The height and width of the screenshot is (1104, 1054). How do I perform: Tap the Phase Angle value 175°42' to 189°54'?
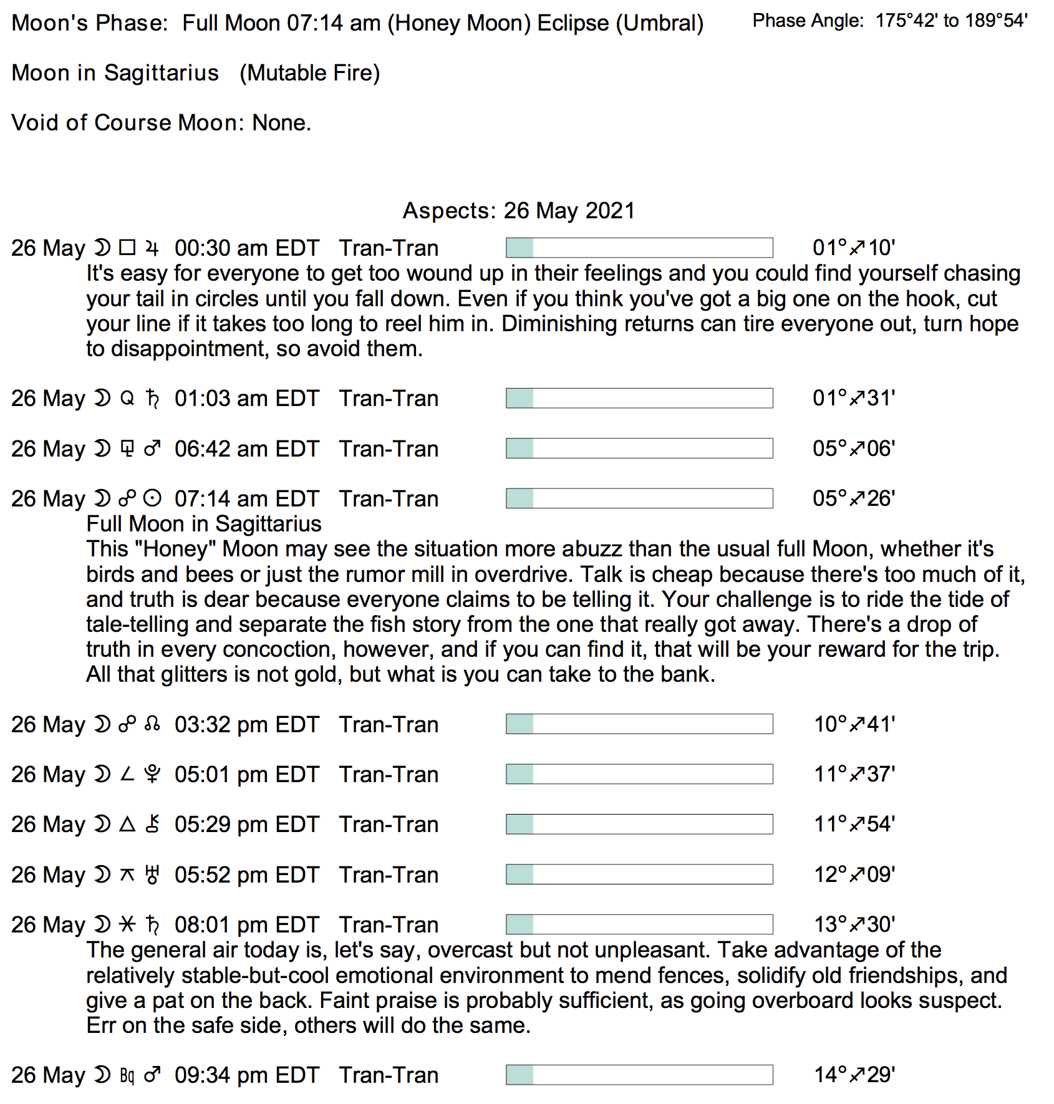pos(951,21)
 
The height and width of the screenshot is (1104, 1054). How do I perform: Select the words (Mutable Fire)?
pos(310,73)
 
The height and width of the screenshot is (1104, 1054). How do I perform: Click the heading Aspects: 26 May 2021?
pos(518,211)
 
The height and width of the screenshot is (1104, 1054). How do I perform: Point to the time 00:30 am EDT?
pos(247,248)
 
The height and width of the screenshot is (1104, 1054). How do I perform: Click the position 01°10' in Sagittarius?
pos(854,248)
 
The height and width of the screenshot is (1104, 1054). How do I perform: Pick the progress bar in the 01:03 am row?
pos(639,398)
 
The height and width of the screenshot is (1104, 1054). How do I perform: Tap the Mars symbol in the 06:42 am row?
pos(152,448)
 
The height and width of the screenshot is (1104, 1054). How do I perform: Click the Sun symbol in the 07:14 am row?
pos(152,498)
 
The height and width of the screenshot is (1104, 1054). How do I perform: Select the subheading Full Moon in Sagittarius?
pos(204,524)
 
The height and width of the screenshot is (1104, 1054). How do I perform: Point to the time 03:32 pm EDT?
pos(247,725)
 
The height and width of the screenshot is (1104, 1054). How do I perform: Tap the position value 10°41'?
pos(854,724)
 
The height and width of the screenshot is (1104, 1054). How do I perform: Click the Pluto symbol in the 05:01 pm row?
pos(152,775)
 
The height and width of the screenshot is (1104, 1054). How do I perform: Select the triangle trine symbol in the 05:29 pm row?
pos(127,825)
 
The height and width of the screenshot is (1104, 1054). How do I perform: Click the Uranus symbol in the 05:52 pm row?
pos(152,875)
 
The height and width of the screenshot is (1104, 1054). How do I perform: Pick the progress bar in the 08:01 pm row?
pos(639,924)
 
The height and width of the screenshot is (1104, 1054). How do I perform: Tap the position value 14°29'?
pos(854,1075)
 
